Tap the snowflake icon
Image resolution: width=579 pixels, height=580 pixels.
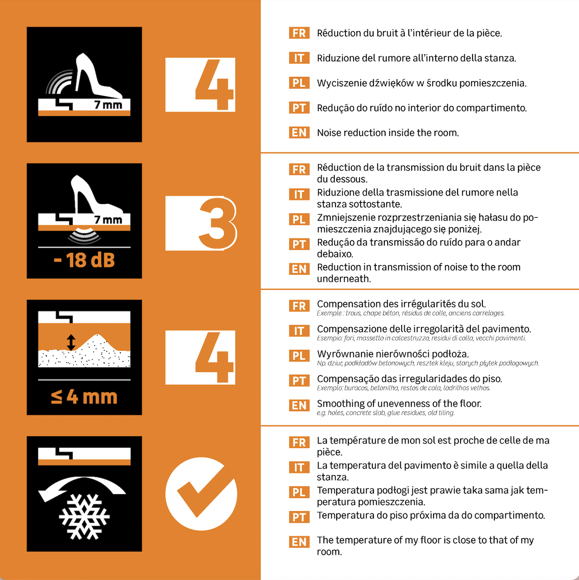click(84, 517)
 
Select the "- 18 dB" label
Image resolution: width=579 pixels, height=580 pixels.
click(84, 260)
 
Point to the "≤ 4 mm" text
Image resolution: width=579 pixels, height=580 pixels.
click(84, 397)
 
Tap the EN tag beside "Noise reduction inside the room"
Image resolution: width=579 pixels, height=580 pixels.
click(299, 133)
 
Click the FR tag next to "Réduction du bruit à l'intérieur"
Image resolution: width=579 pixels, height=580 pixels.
click(299, 33)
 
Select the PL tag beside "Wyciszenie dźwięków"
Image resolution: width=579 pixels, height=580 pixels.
click(299, 83)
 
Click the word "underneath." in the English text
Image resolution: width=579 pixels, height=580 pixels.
click(344, 279)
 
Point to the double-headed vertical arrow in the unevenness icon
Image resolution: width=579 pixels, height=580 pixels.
click(71, 342)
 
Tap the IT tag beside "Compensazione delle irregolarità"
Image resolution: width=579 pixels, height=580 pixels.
click(299, 331)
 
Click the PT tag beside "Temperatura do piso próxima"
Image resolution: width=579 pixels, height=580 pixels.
click(299, 517)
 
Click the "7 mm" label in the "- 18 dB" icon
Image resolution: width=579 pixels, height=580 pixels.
click(109, 220)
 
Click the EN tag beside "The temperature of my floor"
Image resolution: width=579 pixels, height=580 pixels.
click(299, 542)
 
